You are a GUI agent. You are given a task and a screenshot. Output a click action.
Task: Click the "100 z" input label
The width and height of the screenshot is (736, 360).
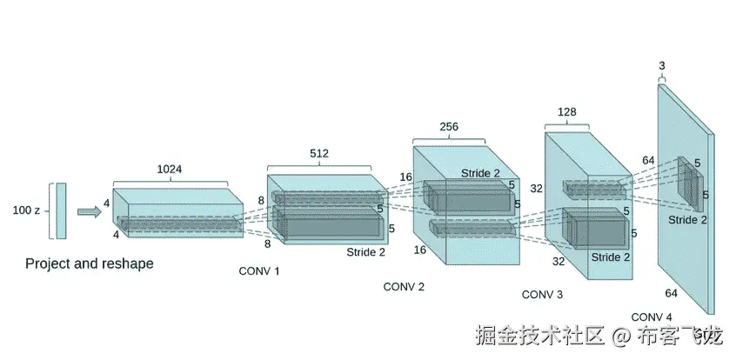point(27,210)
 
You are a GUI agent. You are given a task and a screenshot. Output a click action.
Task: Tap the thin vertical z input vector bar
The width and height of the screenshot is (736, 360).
point(61,210)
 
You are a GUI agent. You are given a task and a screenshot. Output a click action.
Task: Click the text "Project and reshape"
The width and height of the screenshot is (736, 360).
point(89,263)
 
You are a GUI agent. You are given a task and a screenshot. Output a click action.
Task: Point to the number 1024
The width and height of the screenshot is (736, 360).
point(170,170)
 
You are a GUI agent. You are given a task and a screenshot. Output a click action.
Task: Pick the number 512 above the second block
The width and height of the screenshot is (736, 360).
point(319,154)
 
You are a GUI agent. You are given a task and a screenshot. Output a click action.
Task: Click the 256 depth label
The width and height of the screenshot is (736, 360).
point(449,127)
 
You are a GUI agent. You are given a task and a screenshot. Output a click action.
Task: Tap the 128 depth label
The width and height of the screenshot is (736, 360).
point(566,113)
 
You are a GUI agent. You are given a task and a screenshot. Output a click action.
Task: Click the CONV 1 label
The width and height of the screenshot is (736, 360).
point(259,271)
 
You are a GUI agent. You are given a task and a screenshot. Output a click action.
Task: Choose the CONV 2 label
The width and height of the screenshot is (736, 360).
point(404,287)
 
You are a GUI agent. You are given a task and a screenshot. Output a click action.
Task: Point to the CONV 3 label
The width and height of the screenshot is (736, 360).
point(542,295)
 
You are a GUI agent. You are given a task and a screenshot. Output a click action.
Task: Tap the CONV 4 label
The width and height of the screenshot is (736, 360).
point(652,316)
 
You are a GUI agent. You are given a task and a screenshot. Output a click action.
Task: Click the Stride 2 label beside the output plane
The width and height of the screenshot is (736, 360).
point(687,220)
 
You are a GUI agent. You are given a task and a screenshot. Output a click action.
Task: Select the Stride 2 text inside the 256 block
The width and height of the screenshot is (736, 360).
point(480,173)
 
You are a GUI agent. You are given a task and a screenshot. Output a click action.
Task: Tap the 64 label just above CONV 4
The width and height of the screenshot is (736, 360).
point(671,293)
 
